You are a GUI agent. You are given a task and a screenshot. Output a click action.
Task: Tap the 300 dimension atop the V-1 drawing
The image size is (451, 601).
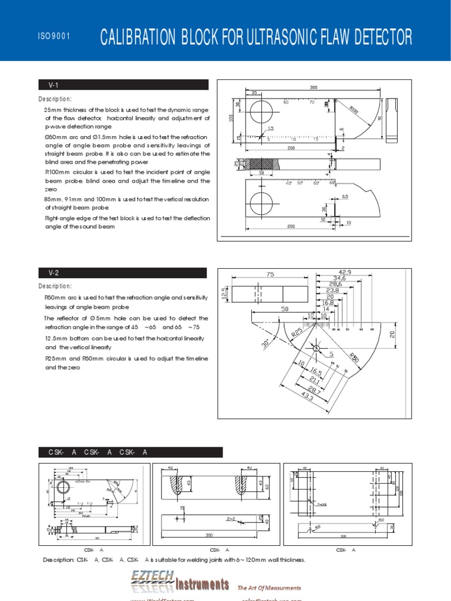tap(313, 87)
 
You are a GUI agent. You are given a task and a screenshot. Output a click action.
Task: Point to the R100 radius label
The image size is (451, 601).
tap(354, 109)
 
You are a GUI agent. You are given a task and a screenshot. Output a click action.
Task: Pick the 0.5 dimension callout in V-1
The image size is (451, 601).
tap(345, 197)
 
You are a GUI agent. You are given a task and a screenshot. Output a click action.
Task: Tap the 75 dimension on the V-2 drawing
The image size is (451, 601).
tap(270, 274)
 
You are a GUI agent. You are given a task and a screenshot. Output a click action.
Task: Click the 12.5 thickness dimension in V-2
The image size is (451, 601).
tap(224, 292)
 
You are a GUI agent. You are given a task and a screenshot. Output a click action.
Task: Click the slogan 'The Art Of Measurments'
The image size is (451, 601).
tap(269, 588)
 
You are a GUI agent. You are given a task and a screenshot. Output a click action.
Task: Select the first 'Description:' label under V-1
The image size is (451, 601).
tap(55, 99)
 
